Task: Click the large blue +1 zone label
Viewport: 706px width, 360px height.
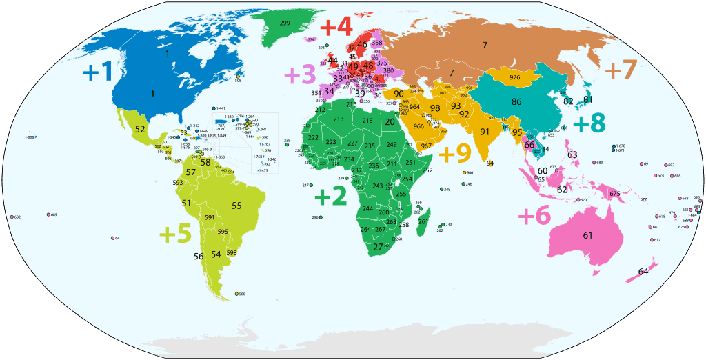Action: [97, 72]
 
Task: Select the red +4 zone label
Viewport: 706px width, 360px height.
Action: [336, 28]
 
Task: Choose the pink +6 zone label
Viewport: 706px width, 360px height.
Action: [534, 216]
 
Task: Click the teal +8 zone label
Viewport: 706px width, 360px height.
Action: [589, 123]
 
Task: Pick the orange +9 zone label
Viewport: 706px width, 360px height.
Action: [454, 152]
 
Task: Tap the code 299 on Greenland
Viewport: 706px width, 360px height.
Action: [285, 23]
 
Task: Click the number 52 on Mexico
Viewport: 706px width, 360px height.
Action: [140, 129]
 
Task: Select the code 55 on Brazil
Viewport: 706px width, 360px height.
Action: [236, 206]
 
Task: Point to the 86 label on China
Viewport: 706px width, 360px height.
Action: [516, 101]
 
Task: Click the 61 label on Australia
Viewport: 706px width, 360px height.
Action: [587, 235]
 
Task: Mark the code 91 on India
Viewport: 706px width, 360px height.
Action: [485, 131]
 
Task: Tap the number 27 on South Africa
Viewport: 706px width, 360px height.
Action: [378, 247]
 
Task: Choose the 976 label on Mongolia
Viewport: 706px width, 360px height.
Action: [514, 77]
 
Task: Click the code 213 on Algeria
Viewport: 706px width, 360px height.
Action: [338, 119]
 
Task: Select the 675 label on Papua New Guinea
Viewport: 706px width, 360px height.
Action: [614, 194]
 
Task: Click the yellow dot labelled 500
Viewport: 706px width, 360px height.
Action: [236, 294]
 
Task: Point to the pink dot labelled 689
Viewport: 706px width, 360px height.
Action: [49, 215]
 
